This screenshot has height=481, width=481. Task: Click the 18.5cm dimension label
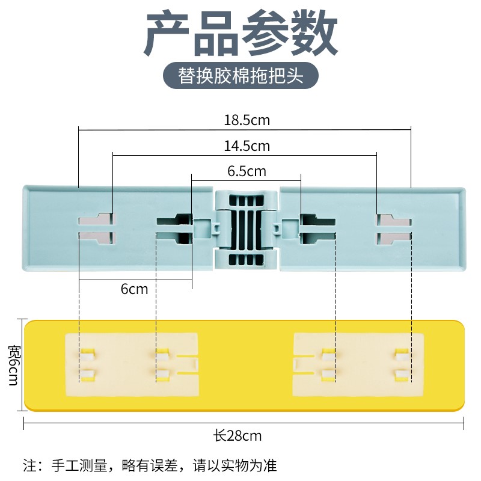(x=247, y=120)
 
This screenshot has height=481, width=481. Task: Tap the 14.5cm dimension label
(x=247, y=146)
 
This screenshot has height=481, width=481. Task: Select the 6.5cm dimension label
(x=247, y=171)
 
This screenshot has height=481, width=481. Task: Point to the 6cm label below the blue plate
(x=134, y=289)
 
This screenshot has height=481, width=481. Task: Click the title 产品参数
(x=240, y=35)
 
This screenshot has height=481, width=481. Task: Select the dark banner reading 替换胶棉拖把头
(x=240, y=77)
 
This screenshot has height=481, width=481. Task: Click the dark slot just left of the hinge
(x=174, y=228)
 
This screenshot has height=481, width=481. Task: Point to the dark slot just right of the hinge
(x=317, y=228)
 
